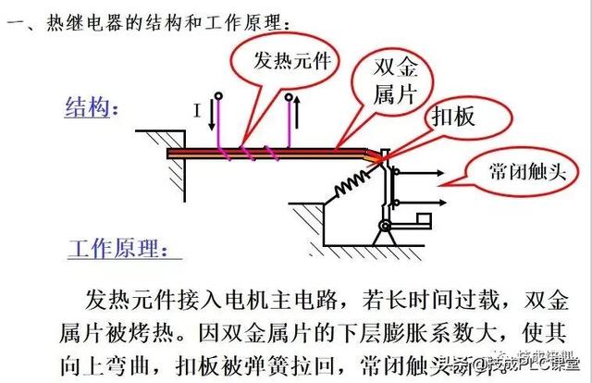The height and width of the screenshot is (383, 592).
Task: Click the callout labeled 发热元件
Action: [x=287, y=61]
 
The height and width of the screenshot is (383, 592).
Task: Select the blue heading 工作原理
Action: [x=116, y=250]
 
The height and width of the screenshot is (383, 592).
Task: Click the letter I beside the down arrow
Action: [x=197, y=111]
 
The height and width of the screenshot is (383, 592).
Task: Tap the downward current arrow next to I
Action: [x=210, y=115]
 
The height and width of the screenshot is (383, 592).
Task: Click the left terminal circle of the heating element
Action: [x=217, y=95]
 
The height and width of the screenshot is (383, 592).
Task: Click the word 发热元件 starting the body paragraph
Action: [x=125, y=301]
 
